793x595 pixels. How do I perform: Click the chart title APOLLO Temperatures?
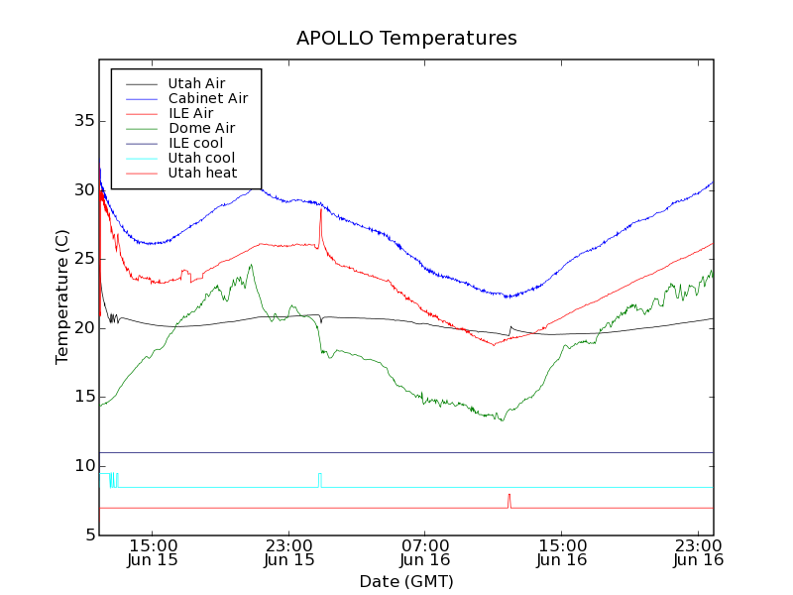(x=406, y=39)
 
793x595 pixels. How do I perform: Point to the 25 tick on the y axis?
(x=99, y=259)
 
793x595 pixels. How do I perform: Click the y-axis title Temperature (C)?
(x=62, y=297)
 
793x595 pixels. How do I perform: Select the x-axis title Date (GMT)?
(x=406, y=581)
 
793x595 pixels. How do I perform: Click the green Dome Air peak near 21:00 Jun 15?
(x=252, y=266)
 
